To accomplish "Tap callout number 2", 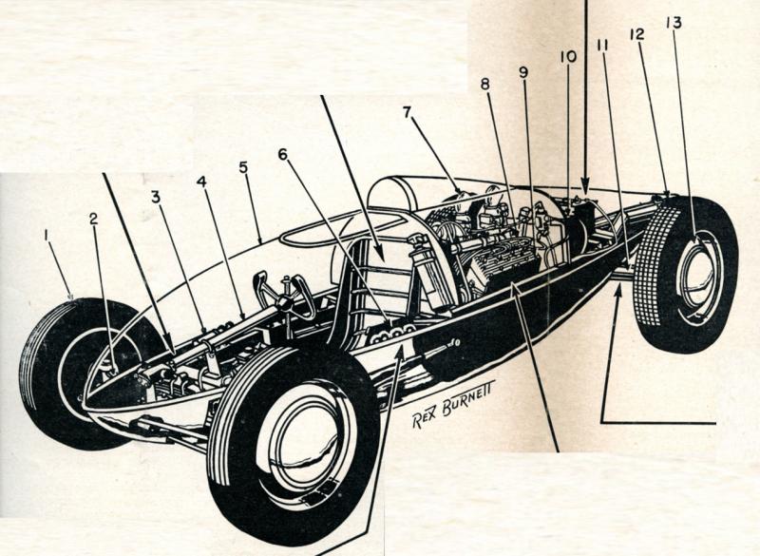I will click(93, 218).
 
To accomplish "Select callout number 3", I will click(155, 197).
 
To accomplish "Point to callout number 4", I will click(200, 181).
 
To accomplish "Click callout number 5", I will click(243, 167).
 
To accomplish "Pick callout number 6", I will click(282, 152).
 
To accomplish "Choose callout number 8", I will click(484, 84).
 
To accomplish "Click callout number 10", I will click(568, 56).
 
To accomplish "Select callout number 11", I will click(601, 44).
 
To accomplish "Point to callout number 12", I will click(636, 33).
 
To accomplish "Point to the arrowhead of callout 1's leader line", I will click(74, 300).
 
